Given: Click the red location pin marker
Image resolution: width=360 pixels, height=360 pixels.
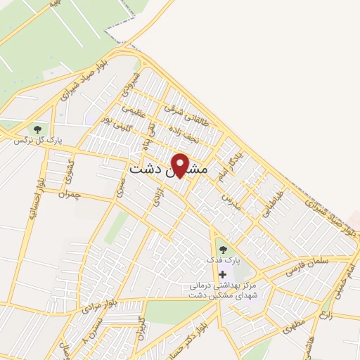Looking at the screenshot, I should (181, 164).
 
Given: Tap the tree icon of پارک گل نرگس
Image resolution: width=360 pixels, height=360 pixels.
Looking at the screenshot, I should (37, 129).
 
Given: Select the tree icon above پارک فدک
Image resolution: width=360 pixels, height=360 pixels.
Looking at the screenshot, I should (223, 248).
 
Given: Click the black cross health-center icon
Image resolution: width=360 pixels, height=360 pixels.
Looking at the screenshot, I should (223, 274).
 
